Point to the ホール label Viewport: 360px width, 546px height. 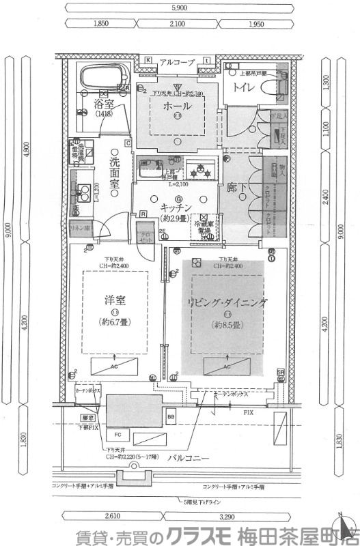(x=178, y=106)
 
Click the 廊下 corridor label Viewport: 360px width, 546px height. (x=236, y=184)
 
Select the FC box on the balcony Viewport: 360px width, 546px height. (x=117, y=433)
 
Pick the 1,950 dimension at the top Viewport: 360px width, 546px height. (x=258, y=24)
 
